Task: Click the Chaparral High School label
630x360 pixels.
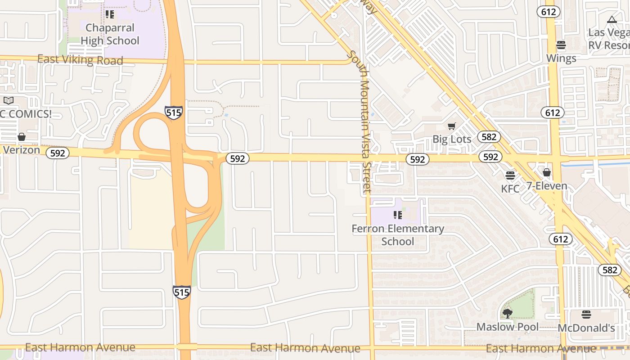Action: click(110, 34)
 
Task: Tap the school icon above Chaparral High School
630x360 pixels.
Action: click(110, 14)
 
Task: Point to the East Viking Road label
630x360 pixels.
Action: click(80, 59)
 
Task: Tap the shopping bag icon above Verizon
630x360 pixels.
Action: click(21, 137)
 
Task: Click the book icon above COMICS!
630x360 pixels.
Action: click(9, 101)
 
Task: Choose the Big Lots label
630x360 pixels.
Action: click(452, 139)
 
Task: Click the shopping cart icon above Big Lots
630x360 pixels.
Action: click(452, 126)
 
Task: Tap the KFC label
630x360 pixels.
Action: click(510, 189)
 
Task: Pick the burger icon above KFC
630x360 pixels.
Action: click(510, 175)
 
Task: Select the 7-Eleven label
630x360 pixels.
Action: click(547, 186)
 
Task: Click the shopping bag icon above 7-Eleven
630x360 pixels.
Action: click(546, 172)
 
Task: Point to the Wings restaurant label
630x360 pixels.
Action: click(561, 58)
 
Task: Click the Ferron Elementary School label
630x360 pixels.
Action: click(398, 235)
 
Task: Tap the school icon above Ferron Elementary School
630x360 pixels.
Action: click(397, 215)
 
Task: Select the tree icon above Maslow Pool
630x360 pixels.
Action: click(508, 313)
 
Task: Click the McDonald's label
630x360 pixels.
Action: click(586, 328)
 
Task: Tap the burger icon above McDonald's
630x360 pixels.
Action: click(586, 314)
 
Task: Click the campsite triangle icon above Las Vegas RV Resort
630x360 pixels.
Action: click(611, 19)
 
